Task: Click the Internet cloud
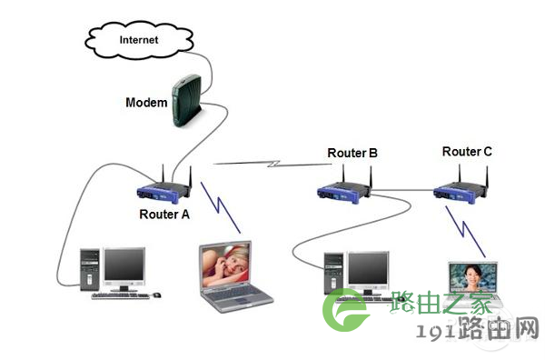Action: click(139, 40)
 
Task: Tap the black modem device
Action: click(187, 100)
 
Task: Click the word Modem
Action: click(146, 102)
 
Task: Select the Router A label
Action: click(164, 215)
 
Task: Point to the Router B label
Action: click(352, 153)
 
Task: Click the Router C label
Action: click(467, 151)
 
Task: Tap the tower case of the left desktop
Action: click(90, 270)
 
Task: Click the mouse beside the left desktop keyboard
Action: click(156, 295)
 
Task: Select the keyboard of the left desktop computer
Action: click(120, 296)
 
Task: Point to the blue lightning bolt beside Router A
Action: click(220, 207)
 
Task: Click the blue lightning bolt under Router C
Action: click(465, 231)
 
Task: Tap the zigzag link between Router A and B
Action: click(272, 164)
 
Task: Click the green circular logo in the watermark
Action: click(345, 310)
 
